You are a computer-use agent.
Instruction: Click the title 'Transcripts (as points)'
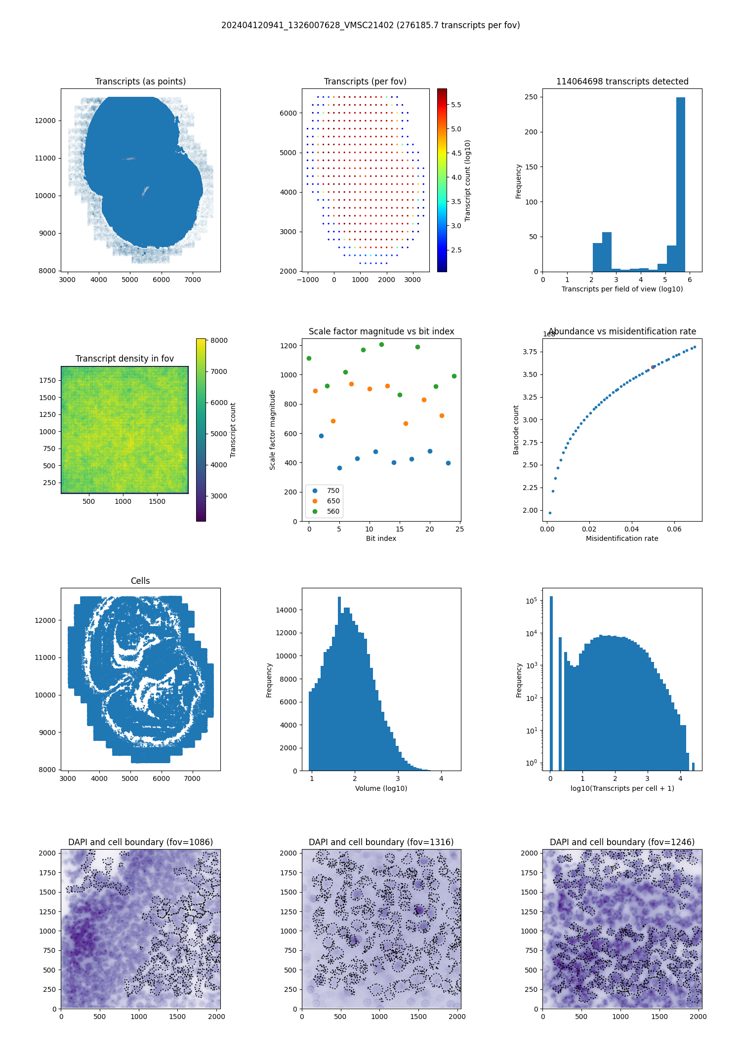(140, 82)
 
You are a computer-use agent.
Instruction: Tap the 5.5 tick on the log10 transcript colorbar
(456, 105)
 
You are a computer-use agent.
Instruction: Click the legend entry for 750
(333, 490)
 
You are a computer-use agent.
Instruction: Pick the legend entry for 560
(333, 511)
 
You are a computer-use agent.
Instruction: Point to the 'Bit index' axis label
(381, 538)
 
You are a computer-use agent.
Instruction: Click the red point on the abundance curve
(653, 367)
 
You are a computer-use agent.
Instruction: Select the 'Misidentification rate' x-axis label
(622, 538)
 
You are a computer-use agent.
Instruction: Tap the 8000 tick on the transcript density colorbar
(219, 340)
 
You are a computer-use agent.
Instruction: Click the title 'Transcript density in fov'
(124, 359)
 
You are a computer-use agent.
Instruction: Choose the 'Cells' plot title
(140, 581)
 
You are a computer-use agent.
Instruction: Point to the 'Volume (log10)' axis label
(381, 788)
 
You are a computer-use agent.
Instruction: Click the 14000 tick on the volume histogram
(287, 610)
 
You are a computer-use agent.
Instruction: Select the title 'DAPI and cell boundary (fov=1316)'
(381, 842)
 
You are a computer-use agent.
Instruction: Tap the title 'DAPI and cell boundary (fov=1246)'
(622, 842)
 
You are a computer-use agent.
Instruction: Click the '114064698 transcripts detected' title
(622, 82)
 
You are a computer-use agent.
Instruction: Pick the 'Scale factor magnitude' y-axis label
(272, 430)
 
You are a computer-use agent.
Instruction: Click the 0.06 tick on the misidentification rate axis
(674, 529)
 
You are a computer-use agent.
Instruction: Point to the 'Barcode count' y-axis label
(516, 430)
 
